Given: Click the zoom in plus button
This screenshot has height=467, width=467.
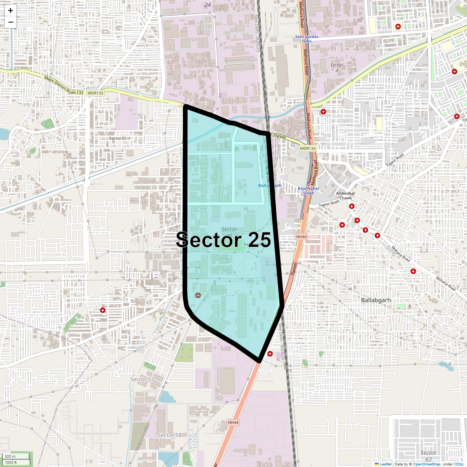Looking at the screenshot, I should (x=11, y=11).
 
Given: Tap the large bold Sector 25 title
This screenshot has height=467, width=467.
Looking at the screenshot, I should (x=224, y=240).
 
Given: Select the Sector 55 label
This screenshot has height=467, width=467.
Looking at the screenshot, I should (x=118, y=138).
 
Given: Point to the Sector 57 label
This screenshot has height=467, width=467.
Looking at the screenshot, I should (x=142, y=379).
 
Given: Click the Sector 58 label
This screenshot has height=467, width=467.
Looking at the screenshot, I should (x=170, y=435).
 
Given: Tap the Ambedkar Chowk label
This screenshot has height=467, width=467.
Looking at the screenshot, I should (x=346, y=195).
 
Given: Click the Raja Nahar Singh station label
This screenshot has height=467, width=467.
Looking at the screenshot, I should (x=308, y=191).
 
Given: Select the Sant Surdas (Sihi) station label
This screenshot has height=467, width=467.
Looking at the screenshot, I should (x=307, y=39).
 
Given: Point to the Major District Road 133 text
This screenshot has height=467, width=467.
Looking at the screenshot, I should (x=64, y=85).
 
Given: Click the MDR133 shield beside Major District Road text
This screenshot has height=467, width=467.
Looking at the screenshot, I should (x=95, y=93).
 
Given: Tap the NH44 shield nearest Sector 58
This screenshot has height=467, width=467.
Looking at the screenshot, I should (x=233, y=422).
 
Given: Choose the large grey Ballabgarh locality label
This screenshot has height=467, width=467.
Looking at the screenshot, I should (x=376, y=300).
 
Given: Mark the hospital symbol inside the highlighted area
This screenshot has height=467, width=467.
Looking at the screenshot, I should (x=198, y=296).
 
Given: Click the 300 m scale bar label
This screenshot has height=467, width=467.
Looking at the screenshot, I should (x=11, y=456).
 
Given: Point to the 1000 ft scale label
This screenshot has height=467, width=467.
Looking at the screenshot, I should (x=11, y=462).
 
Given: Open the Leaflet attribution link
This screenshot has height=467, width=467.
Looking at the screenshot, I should (x=385, y=464).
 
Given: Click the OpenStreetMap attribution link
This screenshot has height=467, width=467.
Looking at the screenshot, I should (x=427, y=464).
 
